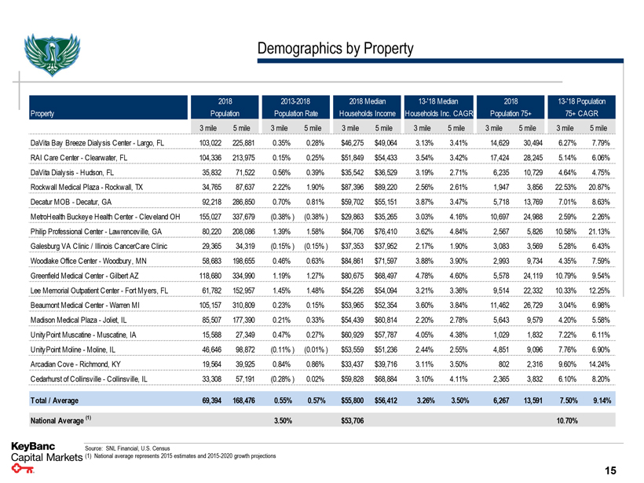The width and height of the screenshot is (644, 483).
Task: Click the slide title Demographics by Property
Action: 335,49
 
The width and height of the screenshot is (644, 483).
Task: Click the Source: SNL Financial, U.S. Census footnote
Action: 128,446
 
